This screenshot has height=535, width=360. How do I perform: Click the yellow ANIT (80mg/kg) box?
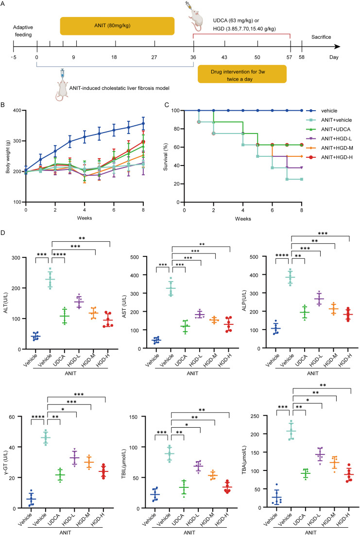pos(117,26)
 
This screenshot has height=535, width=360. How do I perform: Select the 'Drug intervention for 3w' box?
pos(242,74)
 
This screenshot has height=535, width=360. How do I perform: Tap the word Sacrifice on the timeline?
pos(321,37)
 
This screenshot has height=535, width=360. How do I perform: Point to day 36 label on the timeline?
pos(193,57)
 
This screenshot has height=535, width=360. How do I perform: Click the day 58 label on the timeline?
pos(302,57)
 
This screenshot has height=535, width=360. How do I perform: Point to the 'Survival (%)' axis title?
pos(166,157)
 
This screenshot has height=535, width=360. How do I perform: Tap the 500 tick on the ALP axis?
pos(254,257)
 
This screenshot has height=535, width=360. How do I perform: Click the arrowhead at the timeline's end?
pos(338,47)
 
